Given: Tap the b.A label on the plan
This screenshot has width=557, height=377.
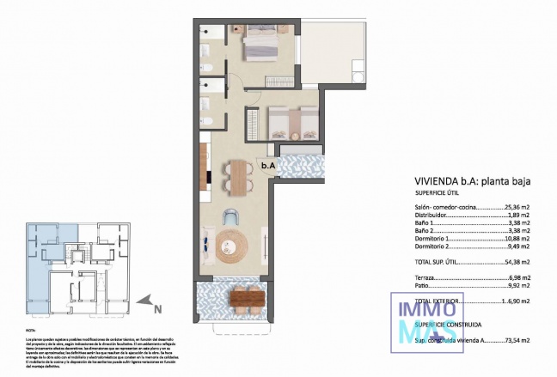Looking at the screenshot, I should (x=268, y=166).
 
